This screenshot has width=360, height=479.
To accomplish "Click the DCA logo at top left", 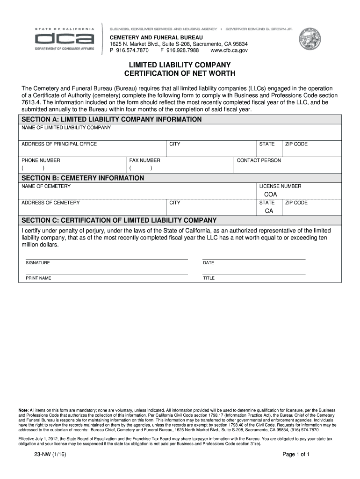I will tap(65, 39).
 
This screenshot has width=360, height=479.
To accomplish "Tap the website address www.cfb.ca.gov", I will tap(229, 50).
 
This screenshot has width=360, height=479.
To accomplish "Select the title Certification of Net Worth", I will tap(180, 74).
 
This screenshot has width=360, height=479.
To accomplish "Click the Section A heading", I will tap(112, 119).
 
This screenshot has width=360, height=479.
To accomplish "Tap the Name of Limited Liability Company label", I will tap(66, 128).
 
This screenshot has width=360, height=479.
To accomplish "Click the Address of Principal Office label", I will tap(59, 144).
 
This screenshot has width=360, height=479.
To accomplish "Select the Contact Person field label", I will tap(259, 160).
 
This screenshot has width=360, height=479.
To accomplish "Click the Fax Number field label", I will tap(145, 160).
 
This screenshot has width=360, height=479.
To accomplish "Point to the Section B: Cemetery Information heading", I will tap(83, 178).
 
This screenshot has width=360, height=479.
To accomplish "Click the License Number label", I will tap(280, 186).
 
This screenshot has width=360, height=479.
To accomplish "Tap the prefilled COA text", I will tap(271, 195).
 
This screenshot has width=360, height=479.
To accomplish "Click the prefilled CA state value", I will tap(269, 211).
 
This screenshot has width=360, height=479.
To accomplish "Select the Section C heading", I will tap(119, 220).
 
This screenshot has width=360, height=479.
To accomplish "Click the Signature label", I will tap(38, 263).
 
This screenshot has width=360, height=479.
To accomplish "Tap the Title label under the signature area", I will tap(209, 278).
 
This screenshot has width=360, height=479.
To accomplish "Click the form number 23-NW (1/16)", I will tap(46, 454).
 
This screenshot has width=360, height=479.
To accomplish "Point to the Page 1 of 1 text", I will tap(296, 454).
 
